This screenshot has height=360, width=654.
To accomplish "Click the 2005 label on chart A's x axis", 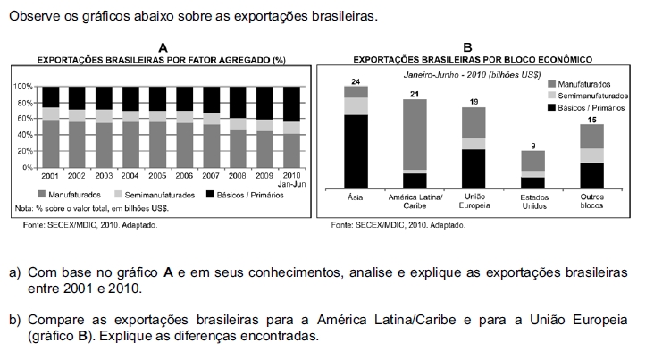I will [x=157, y=176].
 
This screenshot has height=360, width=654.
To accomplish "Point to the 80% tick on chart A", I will [x=22, y=102].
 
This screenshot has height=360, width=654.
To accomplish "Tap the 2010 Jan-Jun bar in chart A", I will [x=291, y=126].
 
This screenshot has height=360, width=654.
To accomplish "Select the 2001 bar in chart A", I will [x=50, y=126].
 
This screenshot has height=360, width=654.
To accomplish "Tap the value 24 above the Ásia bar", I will [x=356, y=81].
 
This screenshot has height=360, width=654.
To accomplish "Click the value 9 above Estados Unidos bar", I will [x=533, y=145].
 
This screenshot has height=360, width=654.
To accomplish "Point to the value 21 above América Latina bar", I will [x=415, y=94].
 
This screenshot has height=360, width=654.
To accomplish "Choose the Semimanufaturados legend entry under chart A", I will [x=152, y=194].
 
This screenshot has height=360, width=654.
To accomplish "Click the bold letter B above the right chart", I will [x=467, y=47].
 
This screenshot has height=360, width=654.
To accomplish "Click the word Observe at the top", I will [x=31, y=17].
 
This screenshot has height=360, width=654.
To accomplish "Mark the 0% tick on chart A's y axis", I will [x=25, y=167].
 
